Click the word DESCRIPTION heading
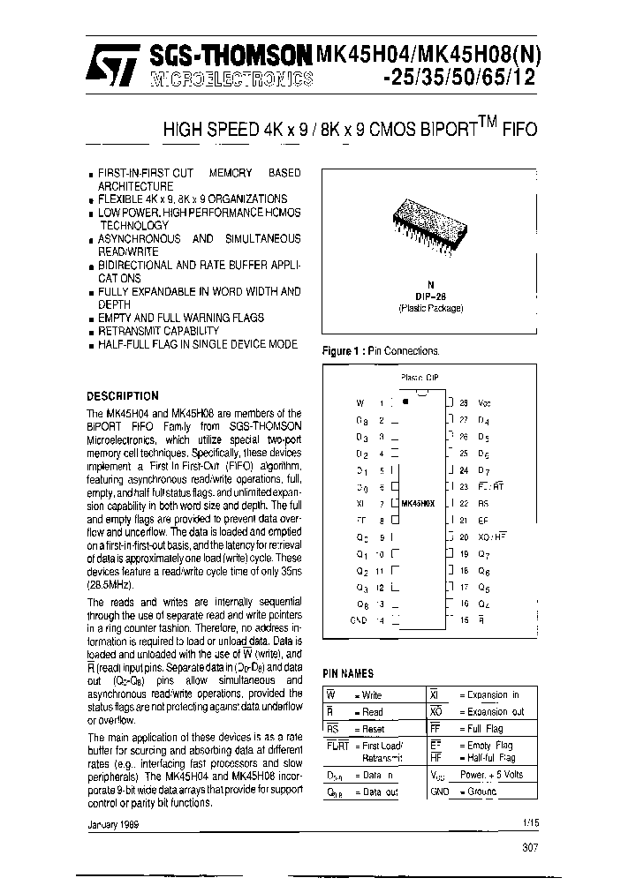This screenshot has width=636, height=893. point(123,396)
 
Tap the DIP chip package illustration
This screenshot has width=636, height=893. point(429,216)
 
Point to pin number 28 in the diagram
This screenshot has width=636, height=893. point(464,401)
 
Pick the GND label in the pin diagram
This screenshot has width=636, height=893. point(359,620)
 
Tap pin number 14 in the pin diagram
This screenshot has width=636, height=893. point(381,620)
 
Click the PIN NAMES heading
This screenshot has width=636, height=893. point(348,672)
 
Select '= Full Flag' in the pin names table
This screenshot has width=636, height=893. point(481,728)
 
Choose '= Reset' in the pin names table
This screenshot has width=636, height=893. point(368,728)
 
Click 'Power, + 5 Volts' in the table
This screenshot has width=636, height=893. point(491,774)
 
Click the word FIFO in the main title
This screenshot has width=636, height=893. point(519,129)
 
